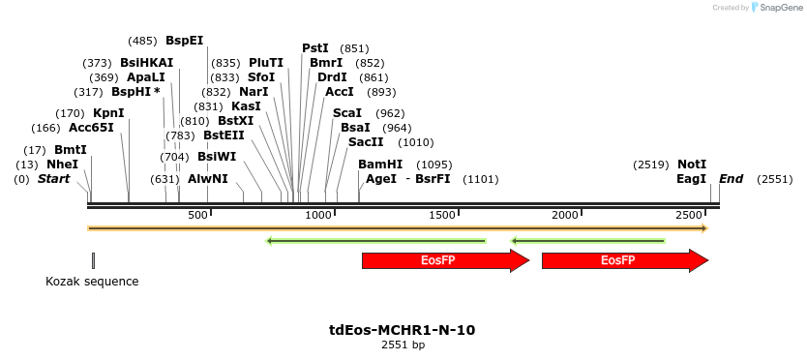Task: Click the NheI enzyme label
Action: click(63, 165)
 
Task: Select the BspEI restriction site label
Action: click(184, 41)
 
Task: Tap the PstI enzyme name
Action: click(315, 48)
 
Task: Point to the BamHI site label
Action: click(380, 165)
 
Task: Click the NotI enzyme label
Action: click(692, 165)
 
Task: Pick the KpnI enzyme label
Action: click(108, 113)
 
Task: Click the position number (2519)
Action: click(650, 165)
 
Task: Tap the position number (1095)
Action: click(434, 165)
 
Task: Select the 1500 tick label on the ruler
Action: click(442, 214)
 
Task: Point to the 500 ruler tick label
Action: click(197, 214)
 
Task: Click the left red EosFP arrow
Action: click(445, 260)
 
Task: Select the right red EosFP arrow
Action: click(624, 260)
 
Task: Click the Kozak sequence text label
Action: click(92, 282)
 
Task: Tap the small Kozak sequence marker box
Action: click(93, 259)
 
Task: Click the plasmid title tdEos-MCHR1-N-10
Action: click(403, 330)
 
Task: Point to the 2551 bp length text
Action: click(403, 345)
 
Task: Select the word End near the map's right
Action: click(731, 179)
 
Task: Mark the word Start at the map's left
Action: click(53, 179)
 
